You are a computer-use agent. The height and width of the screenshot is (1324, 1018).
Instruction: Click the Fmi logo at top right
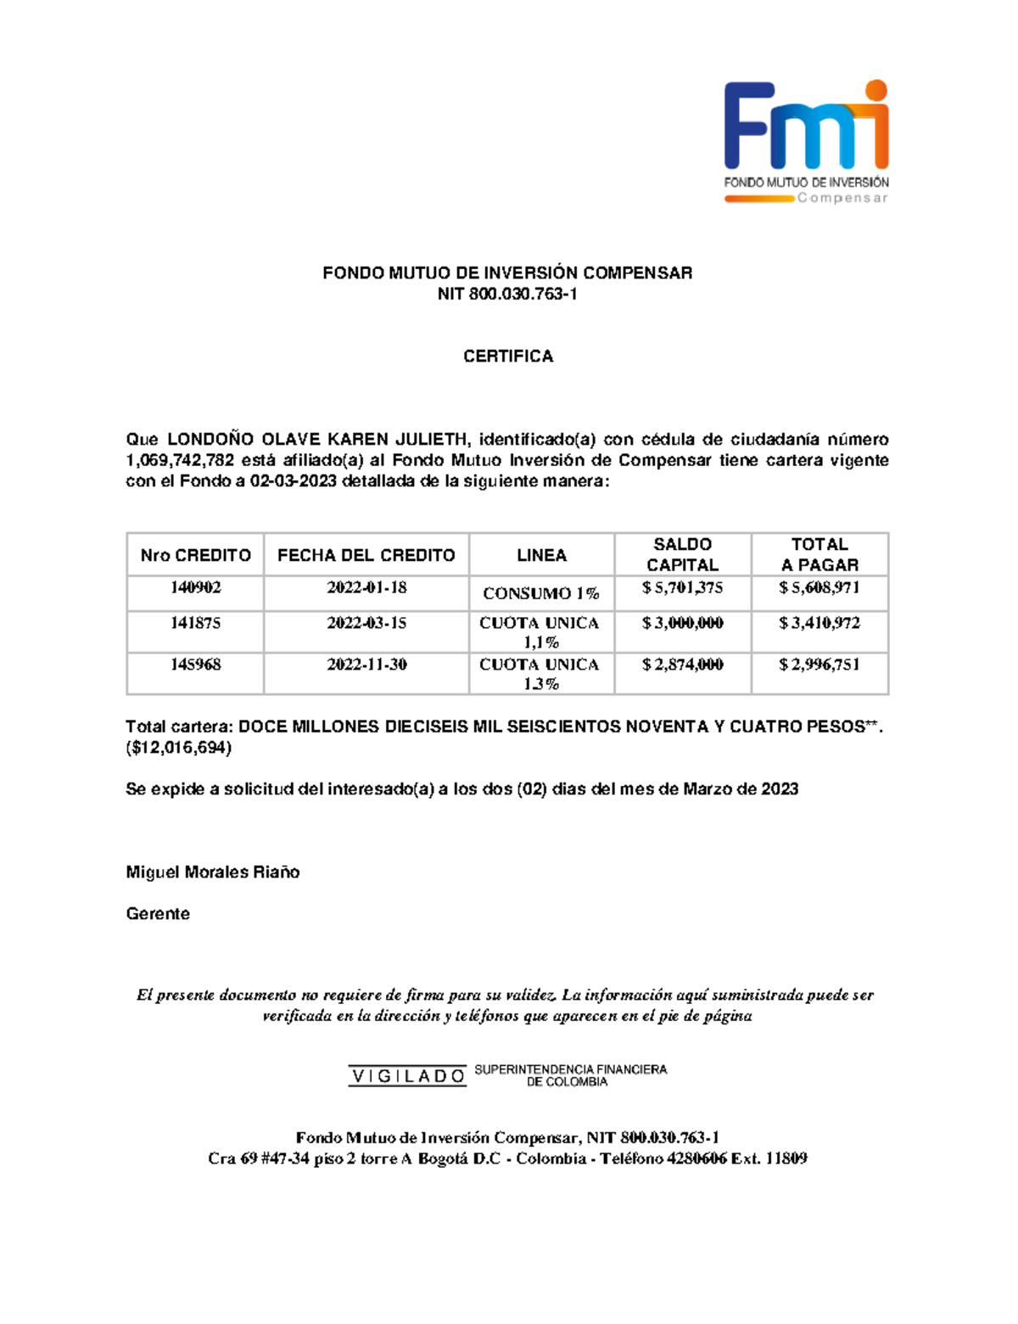click(805, 141)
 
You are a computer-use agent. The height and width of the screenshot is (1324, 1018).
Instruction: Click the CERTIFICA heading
click(508, 356)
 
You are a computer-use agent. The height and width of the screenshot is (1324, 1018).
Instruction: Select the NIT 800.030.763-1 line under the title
click(507, 295)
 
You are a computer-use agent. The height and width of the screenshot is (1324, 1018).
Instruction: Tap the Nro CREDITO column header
click(195, 555)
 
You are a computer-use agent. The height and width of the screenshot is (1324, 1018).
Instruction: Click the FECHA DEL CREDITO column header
click(366, 555)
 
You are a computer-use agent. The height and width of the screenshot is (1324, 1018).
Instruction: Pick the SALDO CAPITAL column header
click(682, 554)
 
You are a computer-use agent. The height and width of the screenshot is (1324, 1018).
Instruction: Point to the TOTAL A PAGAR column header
click(819, 554)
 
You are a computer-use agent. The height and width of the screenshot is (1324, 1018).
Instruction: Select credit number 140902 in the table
click(195, 587)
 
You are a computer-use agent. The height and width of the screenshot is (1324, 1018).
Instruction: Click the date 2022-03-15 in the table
click(366, 623)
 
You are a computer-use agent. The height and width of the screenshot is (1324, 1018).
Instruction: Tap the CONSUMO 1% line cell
click(541, 593)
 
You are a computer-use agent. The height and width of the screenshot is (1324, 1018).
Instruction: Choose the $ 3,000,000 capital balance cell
click(682, 623)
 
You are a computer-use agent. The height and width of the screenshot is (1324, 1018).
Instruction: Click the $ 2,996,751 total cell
click(819, 665)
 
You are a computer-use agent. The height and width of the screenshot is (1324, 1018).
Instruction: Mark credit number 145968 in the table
click(195, 665)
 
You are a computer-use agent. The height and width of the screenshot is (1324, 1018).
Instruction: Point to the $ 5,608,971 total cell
click(819, 587)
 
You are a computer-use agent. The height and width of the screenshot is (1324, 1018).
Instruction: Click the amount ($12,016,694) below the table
click(179, 748)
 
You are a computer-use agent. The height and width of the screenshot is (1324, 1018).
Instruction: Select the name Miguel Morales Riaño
click(213, 872)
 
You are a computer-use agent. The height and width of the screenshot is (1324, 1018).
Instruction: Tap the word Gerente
click(158, 914)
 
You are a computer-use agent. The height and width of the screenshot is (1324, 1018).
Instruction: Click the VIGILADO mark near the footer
click(407, 1076)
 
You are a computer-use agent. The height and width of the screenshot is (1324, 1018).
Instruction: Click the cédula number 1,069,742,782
click(180, 461)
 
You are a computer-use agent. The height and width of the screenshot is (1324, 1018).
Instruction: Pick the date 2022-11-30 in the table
click(366, 665)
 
